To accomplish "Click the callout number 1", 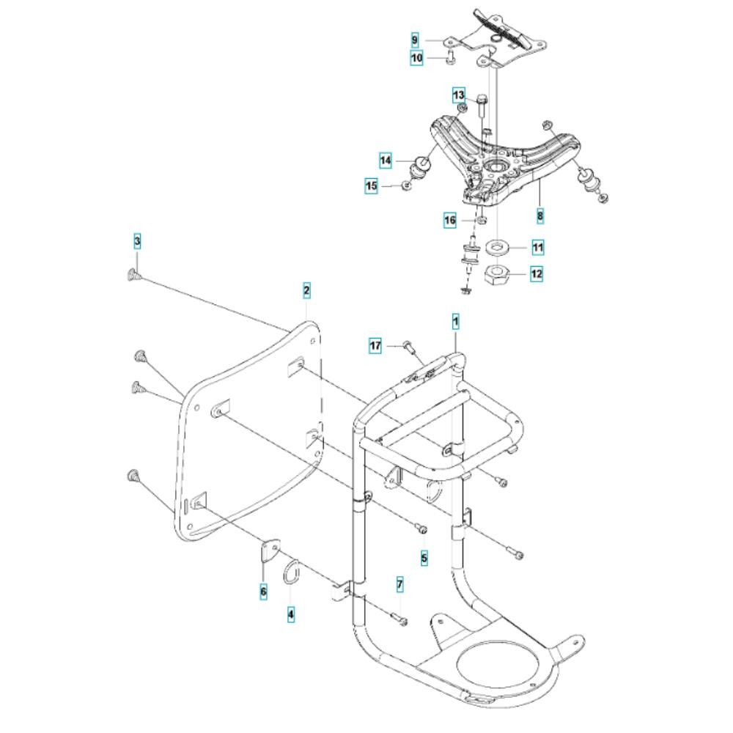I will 455,321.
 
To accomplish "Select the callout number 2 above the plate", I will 306,291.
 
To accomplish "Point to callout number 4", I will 291,616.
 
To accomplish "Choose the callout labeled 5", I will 424,558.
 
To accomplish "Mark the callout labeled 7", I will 399,584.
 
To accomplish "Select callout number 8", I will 540,216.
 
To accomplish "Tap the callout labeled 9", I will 415,39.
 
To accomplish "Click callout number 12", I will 537,275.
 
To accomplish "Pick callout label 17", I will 375,345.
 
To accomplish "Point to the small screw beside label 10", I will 449,57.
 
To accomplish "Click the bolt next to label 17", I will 408,347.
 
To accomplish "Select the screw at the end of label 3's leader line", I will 133,274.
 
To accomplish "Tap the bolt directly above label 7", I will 399,619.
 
